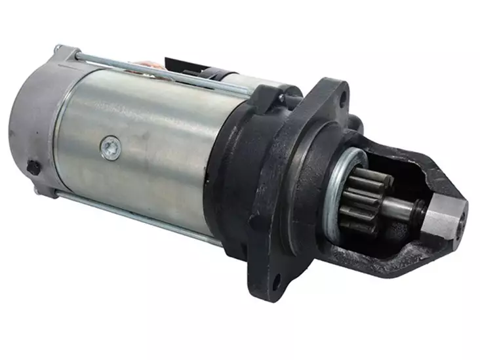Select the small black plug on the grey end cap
click(33, 167)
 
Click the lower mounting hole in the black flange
click(276, 282)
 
